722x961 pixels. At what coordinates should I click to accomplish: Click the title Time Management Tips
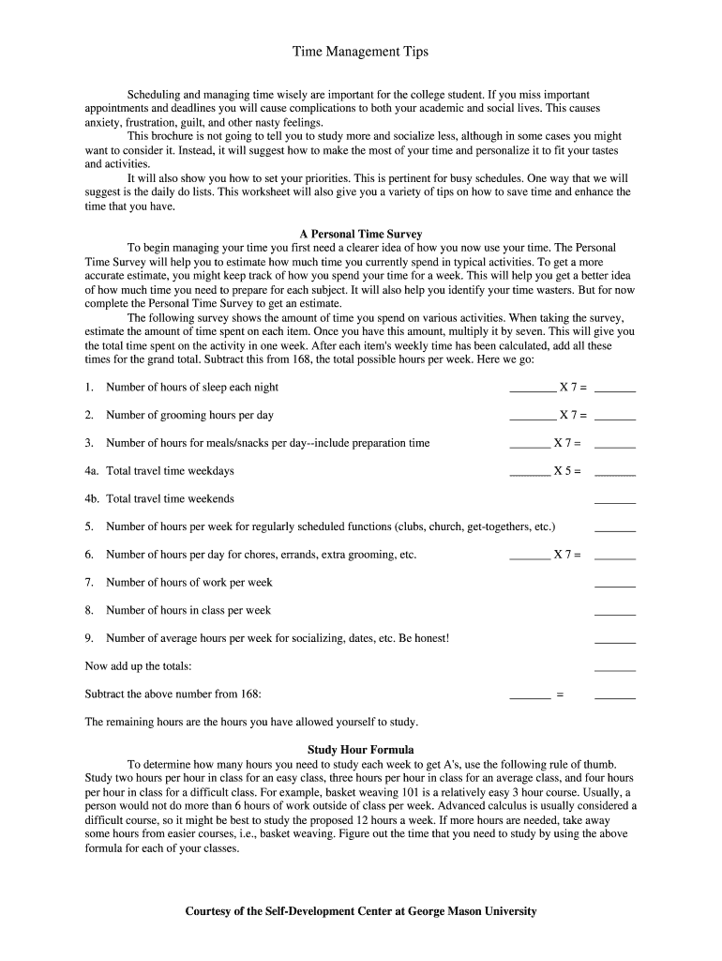360,52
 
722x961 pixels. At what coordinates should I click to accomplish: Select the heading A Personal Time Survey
360,234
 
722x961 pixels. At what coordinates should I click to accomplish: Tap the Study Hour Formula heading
360,750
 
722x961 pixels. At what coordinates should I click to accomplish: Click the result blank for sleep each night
615,390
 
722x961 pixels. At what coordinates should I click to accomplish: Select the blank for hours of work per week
615,586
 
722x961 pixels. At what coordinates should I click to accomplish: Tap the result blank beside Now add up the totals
615,669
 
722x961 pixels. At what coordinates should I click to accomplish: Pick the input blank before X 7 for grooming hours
533,419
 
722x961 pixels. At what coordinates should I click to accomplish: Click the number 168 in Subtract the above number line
248,694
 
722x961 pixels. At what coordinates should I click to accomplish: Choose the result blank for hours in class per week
615,614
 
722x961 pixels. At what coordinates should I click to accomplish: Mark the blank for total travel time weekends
615,502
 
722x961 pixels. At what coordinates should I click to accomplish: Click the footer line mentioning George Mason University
360,911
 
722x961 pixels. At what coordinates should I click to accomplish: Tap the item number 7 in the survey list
89,583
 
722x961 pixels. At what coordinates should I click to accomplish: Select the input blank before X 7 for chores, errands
530,557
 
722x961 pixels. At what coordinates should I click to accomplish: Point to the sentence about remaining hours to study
251,723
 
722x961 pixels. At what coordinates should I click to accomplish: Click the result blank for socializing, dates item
615,642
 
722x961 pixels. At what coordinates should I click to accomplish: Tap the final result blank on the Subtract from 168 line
615,697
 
